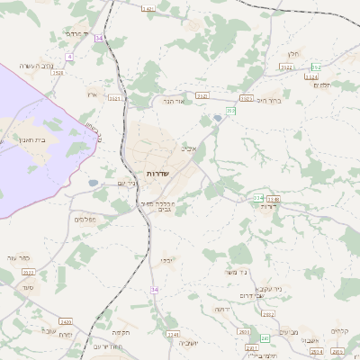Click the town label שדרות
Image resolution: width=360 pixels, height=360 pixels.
[x=145, y=173]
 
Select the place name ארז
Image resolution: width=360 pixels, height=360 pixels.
[x=91, y=94]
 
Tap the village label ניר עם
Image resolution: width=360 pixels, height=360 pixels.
[x=127, y=184]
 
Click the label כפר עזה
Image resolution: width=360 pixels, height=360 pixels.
[x=19, y=257]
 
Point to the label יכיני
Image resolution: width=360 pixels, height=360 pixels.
[x=167, y=260]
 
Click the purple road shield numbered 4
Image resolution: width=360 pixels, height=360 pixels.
[x=69, y=57]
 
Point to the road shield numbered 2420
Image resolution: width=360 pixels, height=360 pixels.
[x=65, y=321]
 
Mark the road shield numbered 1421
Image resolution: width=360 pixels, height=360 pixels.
[x=148, y=8]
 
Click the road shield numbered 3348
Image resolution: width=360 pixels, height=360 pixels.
[x=274, y=199]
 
